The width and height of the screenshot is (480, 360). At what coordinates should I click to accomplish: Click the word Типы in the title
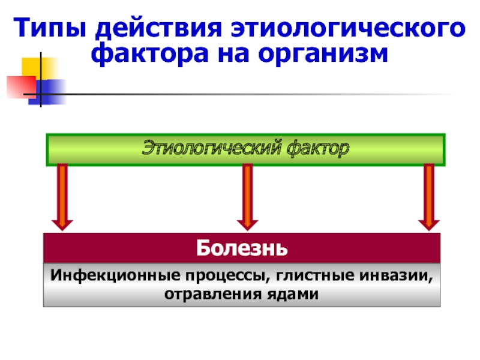(x=48, y=28)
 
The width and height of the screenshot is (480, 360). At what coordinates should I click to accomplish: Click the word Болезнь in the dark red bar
(x=241, y=247)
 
